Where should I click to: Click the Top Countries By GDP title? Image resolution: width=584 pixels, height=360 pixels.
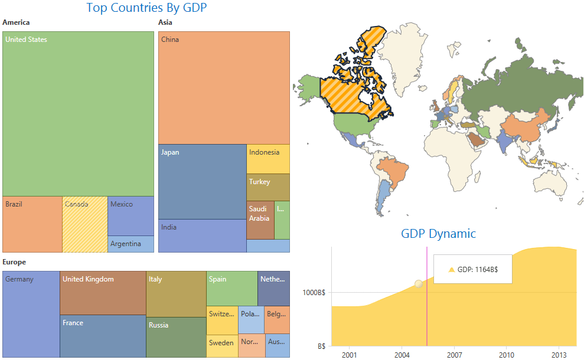[x=146, y=8]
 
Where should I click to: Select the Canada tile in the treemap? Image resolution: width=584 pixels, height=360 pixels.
[x=85, y=224]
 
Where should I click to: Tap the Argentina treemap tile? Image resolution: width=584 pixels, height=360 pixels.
[x=130, y=244]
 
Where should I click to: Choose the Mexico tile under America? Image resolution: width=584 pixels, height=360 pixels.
[x=130, y=216]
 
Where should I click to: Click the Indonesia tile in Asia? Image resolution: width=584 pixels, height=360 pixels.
[x=268, y=159]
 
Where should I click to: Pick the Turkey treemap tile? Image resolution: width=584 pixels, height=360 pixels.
[x=268, y=187]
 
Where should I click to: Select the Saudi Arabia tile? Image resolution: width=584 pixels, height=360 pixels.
[x=260, y=220]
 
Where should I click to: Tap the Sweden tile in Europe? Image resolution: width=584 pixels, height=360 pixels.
[x=222, y=345]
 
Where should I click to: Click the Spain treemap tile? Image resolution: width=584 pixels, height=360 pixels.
[x=232, y=289]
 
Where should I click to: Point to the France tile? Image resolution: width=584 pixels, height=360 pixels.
[x=103, y=336]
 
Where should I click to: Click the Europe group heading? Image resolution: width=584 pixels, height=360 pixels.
[x=14, y=262]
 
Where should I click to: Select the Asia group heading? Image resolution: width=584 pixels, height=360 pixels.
[x=165, y=22]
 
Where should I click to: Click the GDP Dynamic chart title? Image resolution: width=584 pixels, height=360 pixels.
[x=438, y=234]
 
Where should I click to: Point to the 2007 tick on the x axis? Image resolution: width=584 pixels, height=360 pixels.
[x=454, y=355]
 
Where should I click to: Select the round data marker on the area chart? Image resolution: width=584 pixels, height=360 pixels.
[x=419, y=284]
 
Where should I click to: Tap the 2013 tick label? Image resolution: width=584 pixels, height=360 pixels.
[x=559, y=355]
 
